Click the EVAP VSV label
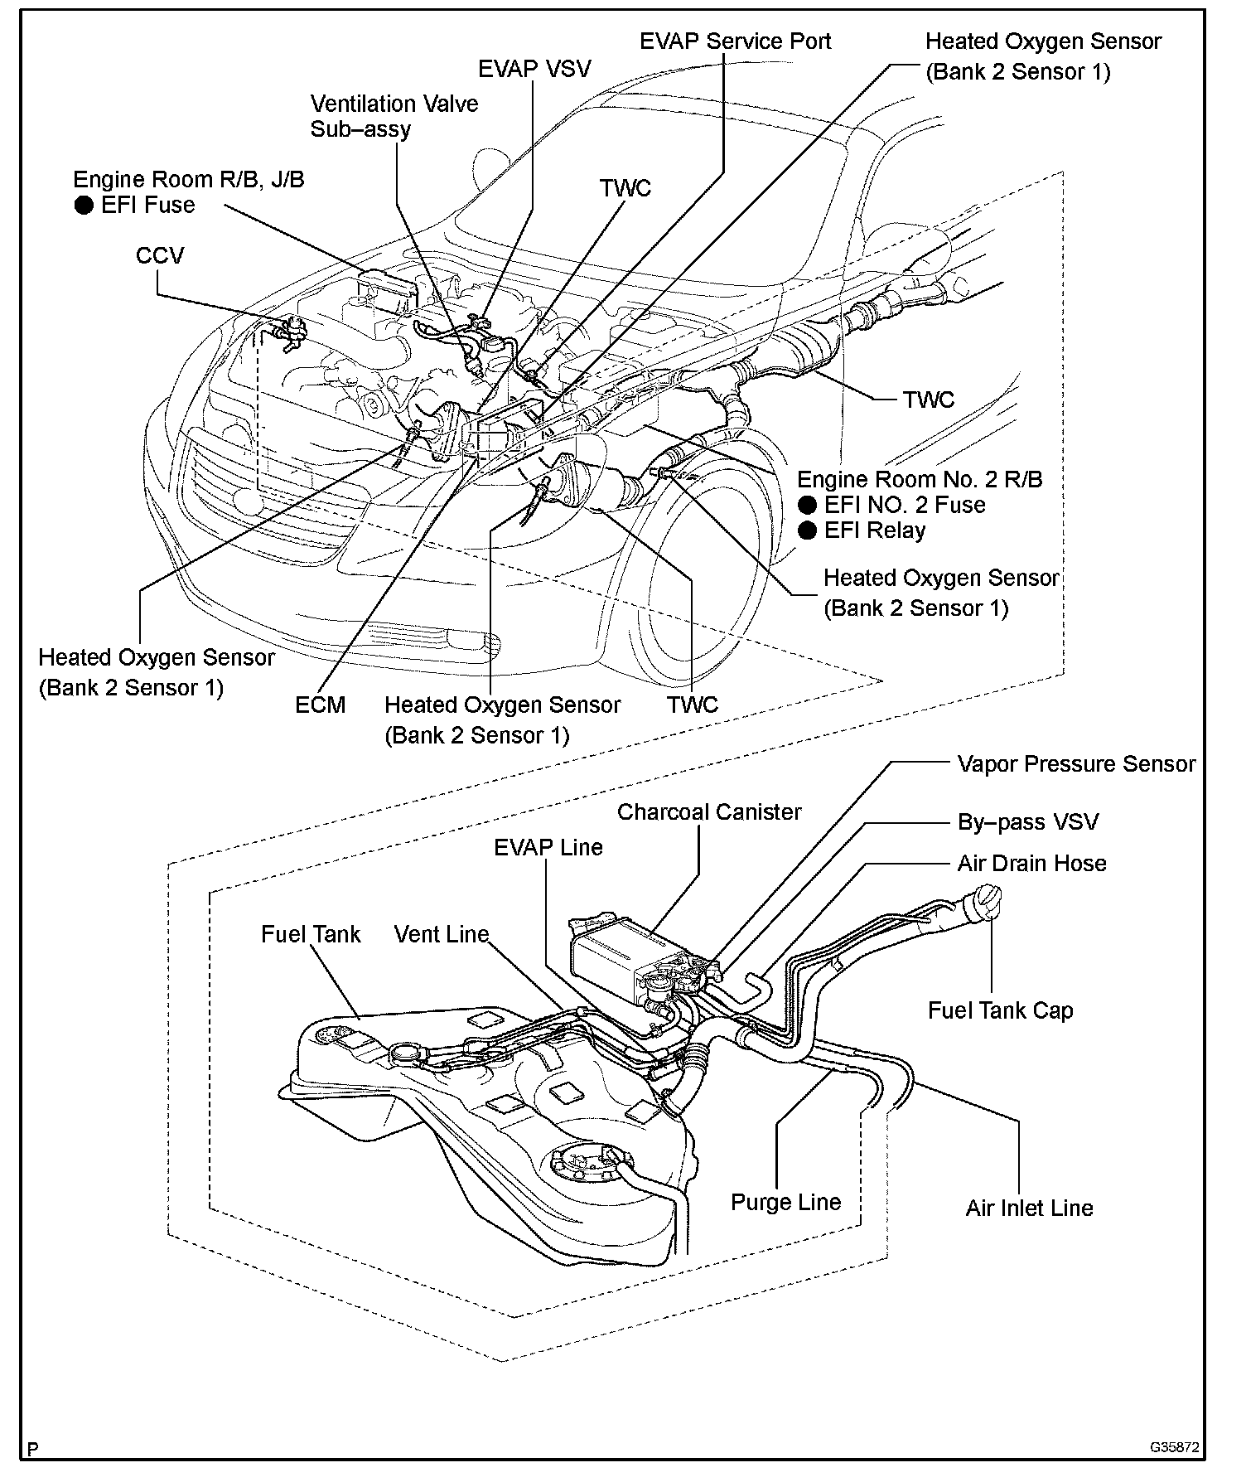coord(534,68)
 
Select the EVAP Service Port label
coord(735,41)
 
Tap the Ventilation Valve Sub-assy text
coord(394,116)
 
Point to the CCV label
coord(160,254)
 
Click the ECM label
coord(320,705)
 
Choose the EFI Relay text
coord(874,530)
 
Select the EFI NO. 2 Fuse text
coord(904,505)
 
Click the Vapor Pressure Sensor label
coord(1075,763)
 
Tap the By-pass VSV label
coord(1027,821)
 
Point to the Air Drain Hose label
coord(1031,863)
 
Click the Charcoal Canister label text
coord(709,811)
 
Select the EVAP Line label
coord(548,847)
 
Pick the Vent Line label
coord(442,934)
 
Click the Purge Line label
coord(785,1202)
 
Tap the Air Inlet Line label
coord(1029,1208)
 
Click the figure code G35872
coord(1175,1447)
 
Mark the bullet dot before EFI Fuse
coord(84,206)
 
